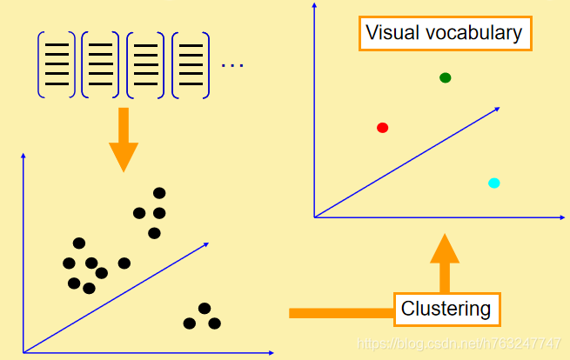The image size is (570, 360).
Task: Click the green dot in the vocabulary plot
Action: point(446,78)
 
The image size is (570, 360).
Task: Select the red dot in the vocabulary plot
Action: point(382,128)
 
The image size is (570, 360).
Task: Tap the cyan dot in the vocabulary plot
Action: point(493,183)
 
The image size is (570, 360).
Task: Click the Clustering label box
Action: point(446,308)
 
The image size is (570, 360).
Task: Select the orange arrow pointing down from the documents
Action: point(124,139)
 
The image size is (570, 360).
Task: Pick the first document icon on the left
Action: point(56,63)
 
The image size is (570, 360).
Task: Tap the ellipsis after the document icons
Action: point(232,65)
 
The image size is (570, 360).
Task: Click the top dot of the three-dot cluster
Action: point(205,308)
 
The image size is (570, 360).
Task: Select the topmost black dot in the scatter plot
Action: point(159,193)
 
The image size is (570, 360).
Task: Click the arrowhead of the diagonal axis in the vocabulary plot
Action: point(496,109)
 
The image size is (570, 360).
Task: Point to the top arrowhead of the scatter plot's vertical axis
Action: point(23,156)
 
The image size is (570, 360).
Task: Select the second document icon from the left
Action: point(101,63)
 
